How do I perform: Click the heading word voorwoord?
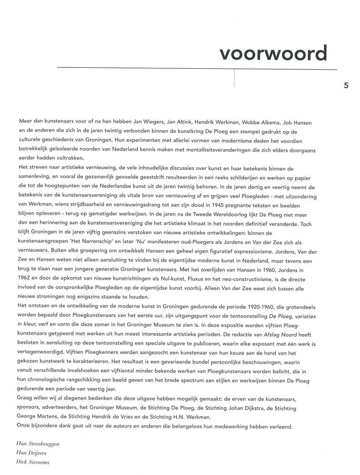point(273,54)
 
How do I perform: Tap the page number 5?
point(346,86)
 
